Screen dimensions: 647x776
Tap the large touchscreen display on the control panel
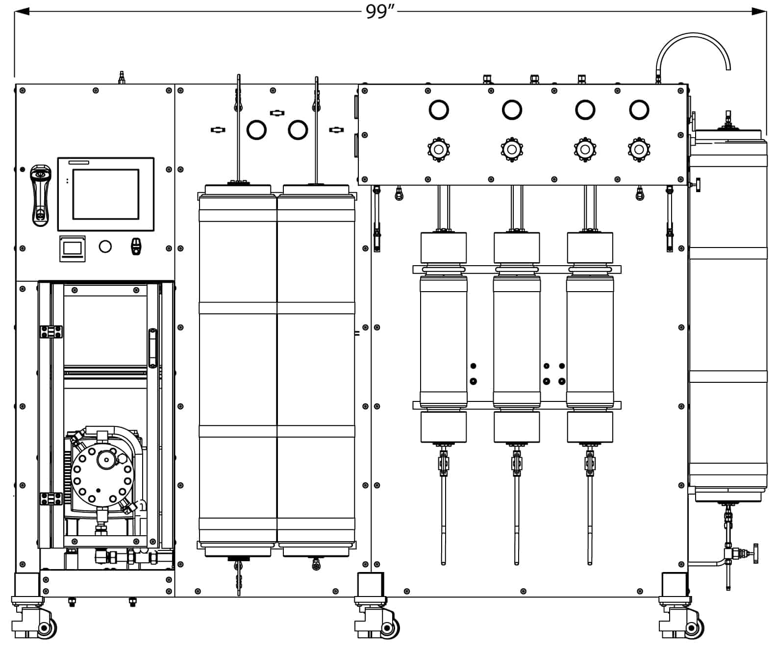(x=106, y=194)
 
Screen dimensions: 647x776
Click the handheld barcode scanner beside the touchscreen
(x=40, y=195)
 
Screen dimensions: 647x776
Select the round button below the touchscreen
(x=105, y=246)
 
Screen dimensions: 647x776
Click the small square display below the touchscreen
(x=73, y=249)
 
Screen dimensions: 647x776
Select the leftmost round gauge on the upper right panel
(x=438, y=110)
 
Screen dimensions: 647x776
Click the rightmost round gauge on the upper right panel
(x=639, y=110)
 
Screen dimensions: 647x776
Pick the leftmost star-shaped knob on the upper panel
(x=438, y=149)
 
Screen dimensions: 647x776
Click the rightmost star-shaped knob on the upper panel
(x=638, y=149)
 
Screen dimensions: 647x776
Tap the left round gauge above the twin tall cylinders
(x=256, y=130)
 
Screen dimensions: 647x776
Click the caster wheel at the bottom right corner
(x=692, y=628)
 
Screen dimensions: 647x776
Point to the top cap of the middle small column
(x=516, y=248)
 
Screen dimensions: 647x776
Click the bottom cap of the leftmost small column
(x=443, y=426)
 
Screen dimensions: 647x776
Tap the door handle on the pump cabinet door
(x=152, y=348)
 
